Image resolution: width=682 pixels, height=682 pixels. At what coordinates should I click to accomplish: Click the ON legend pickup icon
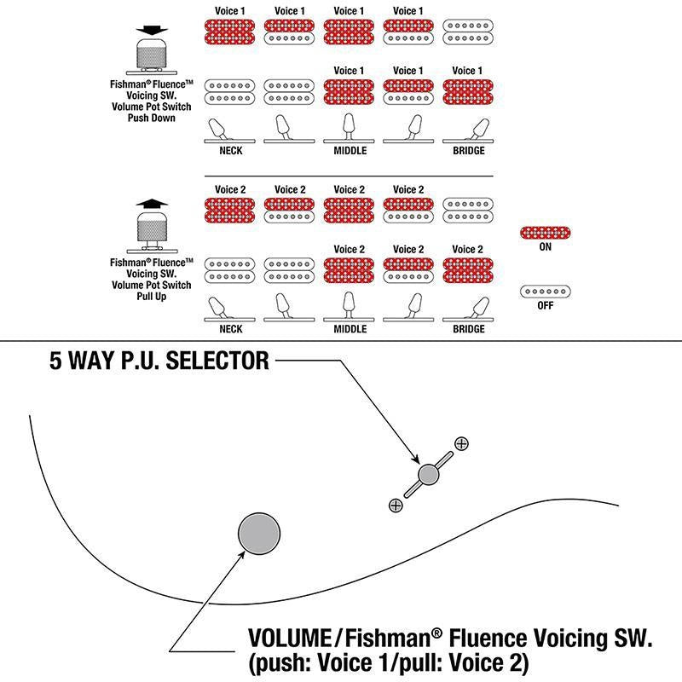click(x=545, y=233)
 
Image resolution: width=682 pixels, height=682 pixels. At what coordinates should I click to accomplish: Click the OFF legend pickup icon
click(x=545, y=292)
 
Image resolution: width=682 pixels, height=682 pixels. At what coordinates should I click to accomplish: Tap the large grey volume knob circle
click(x=259, y=534)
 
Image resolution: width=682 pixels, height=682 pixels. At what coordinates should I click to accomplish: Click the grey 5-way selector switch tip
click(x=428, y=474)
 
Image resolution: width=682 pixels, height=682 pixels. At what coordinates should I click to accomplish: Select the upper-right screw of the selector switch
click(x=461, y=443)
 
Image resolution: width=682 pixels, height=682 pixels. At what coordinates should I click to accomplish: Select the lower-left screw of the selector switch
click(x=396, y=506)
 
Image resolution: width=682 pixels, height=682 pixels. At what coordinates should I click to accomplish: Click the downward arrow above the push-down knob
click(x=152, y=31)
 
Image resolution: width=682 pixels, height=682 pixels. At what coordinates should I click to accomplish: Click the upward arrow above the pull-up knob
click(x=152, y=203)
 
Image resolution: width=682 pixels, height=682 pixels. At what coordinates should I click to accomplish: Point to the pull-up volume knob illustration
click(x=152, y=231)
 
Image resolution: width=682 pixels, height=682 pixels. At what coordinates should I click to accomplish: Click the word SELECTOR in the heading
click(x=217, y=361)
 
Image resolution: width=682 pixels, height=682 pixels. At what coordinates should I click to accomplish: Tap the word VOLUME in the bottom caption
click(x=290, y=639)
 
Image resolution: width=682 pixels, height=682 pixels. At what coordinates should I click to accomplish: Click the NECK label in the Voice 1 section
click(x=230, y=151)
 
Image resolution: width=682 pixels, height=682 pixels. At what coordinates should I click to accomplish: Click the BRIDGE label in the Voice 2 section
click(x=468, y=329)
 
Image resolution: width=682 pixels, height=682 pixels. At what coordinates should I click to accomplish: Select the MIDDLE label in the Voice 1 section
click(x=350, y=151)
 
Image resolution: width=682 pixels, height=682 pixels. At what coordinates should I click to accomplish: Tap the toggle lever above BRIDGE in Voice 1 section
click(x=479, y=130)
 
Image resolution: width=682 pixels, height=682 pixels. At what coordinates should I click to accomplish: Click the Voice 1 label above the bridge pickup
click(x=467, y=71)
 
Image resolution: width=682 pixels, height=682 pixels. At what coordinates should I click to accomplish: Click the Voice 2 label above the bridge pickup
click(x=467, y=249)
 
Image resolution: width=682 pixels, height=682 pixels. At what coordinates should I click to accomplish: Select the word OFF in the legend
click(x=545, y=305)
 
